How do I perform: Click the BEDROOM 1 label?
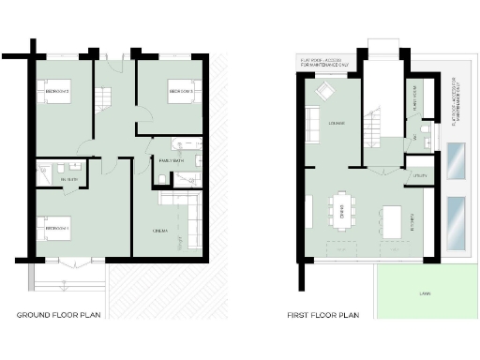click(x=57, y=229)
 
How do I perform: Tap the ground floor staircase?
click(x=104, y=97)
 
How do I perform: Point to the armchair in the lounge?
click(x=326, y=92)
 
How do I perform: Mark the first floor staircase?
click(x=376, y=122)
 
